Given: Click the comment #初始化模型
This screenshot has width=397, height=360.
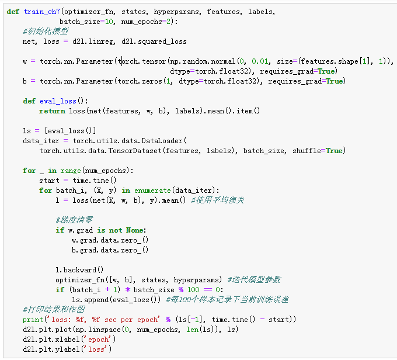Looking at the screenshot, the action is point(46,32).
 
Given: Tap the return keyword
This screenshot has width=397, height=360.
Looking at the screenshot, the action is point(52,111).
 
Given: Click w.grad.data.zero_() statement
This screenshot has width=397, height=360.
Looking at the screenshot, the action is point(110,240).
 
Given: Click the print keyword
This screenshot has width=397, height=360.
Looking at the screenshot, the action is point(33,320).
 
